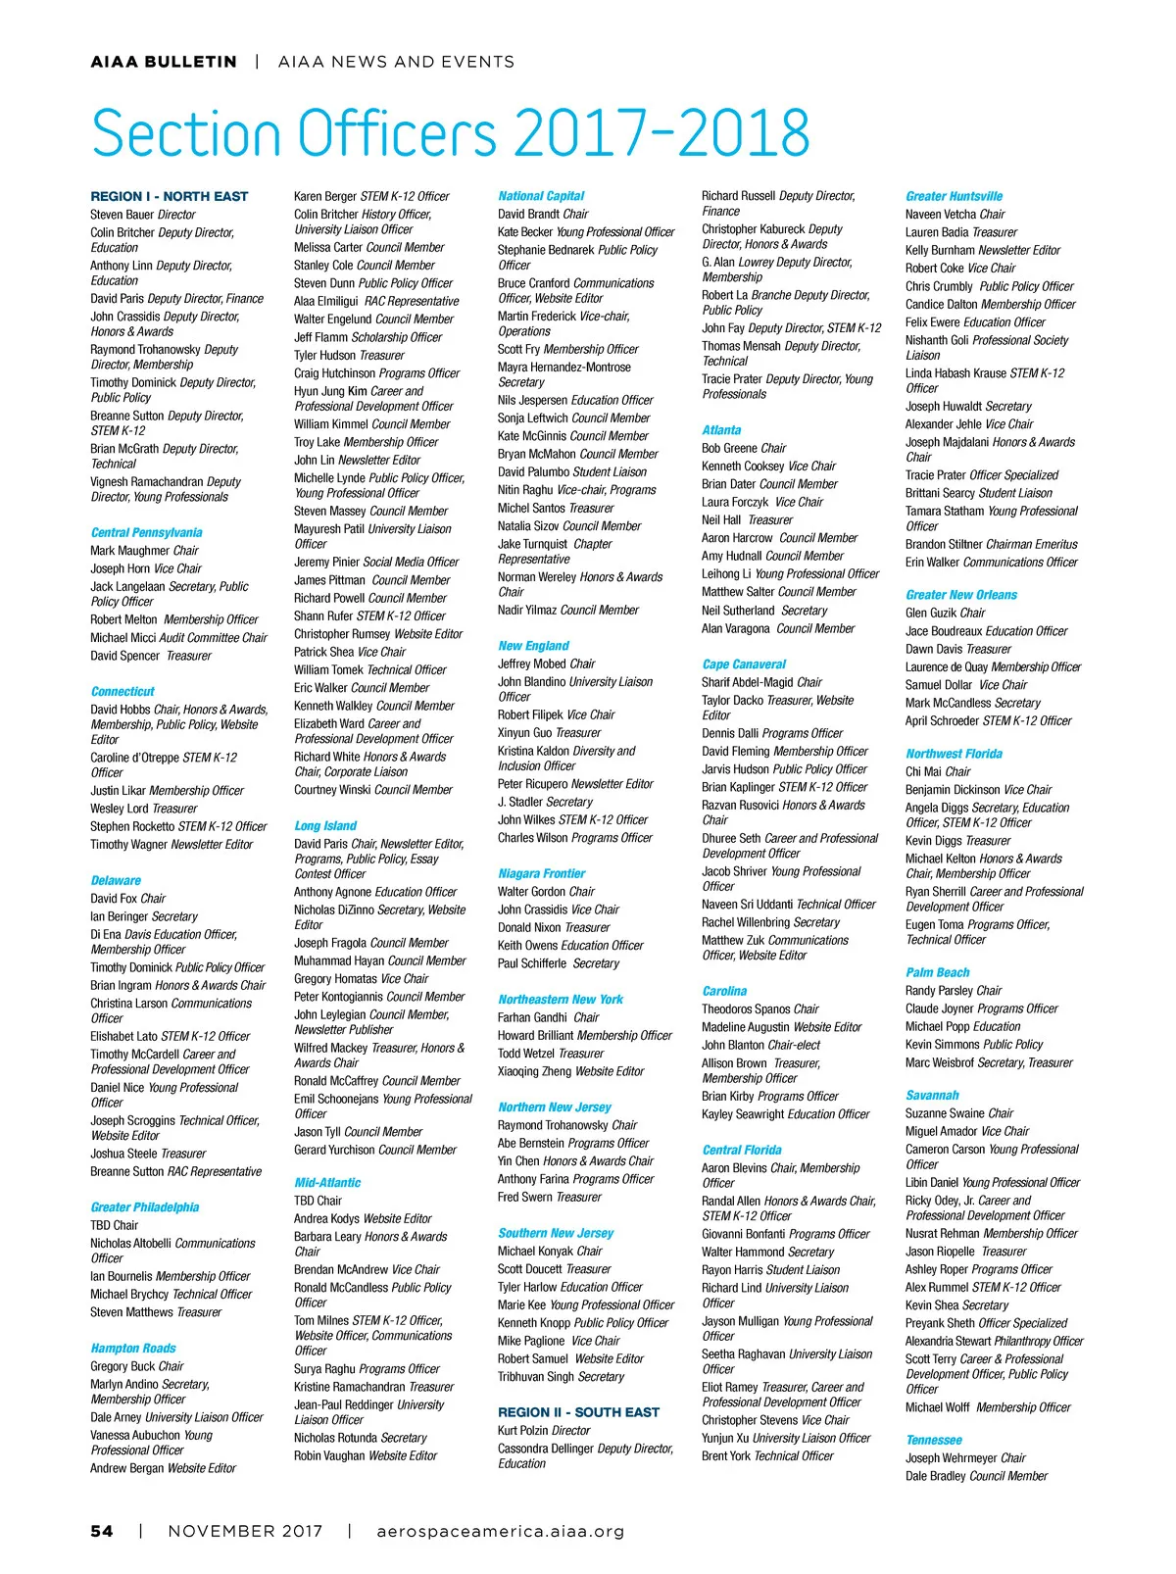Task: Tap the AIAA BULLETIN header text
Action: pyautogui.click(x=164, y=62)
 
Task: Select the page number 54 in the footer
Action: pyautogui.click(x=102, y=1531)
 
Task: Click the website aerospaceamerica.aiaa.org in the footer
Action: pyautogui.click(x=500, y=1531)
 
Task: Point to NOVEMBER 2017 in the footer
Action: pyautogui.click(x=245, y=1531)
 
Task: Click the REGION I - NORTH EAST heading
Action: pyautogui.click(x=170, y=196)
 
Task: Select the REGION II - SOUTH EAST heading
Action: pyautogui.click(x=578, y=1412)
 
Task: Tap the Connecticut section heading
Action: pyautogui.click(x=122, y=691)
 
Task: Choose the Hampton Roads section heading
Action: pyautogui.click(x=133, y=1349)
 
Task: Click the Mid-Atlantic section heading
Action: pyautogui.click(x=327, y=1183)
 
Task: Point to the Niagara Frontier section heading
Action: pyautogui.click(x=541, y=873)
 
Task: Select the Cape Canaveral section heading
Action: pyautogui.click(x=744, y=664)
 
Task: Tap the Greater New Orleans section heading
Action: pyautogui.click(x=961, y=595)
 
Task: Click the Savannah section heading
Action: pyautogui.click(x=932, y=1096)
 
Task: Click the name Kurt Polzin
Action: pyautogui.click(x=523, y=1431)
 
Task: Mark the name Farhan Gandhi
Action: pyautogui.click(x=532, y=1017)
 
